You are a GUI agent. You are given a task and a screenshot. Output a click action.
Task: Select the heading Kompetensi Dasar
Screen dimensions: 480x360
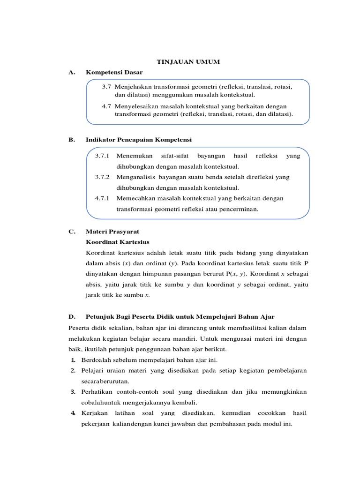114,72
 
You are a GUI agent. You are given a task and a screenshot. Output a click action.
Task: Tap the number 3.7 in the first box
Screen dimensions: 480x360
106,87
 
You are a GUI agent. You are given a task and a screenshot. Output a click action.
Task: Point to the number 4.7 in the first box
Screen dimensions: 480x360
106,106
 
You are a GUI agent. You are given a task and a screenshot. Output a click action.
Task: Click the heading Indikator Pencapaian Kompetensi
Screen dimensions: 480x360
139,140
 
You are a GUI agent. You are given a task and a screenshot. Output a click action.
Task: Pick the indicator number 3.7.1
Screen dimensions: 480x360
102,156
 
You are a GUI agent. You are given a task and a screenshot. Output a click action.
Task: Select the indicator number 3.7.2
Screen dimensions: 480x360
102,177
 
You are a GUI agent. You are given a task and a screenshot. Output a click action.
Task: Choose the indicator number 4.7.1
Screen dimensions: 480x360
102,198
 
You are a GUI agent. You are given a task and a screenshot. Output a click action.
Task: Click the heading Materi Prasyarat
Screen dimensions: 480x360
112,232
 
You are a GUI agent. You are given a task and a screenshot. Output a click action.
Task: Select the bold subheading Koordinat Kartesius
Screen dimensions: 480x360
118,242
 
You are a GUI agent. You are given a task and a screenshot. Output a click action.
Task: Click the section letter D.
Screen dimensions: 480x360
71,317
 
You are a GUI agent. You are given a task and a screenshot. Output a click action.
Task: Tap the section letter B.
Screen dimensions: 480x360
71,140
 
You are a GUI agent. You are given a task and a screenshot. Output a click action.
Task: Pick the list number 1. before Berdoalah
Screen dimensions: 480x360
74,360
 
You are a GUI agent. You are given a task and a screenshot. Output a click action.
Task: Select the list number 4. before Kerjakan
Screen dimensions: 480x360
74,413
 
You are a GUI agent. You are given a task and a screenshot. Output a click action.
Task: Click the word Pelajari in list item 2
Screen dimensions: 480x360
94,370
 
